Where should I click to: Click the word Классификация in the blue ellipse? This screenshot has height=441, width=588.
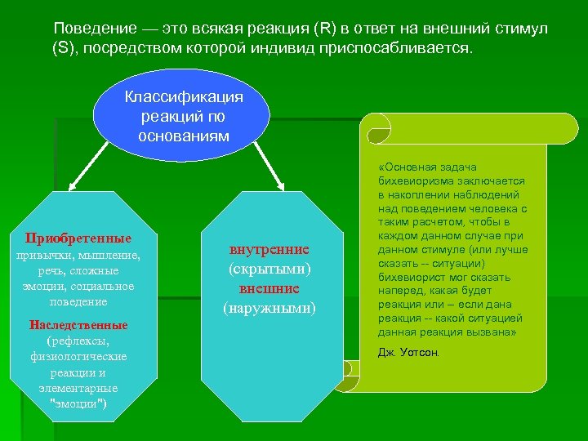point(184,97)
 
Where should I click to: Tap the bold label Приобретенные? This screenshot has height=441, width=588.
point(78,238)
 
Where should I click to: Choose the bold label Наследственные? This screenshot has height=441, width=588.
point(78,325)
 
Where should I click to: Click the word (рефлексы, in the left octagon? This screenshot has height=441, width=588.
point(78,341)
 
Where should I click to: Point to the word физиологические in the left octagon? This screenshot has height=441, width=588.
point(78,356)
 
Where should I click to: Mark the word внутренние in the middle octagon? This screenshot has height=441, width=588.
point(269,249)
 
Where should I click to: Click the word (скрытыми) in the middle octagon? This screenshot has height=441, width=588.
point(269,269)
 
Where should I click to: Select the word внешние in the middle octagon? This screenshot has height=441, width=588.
point(269,288)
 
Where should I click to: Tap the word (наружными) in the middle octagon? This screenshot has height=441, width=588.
point(269,308)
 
